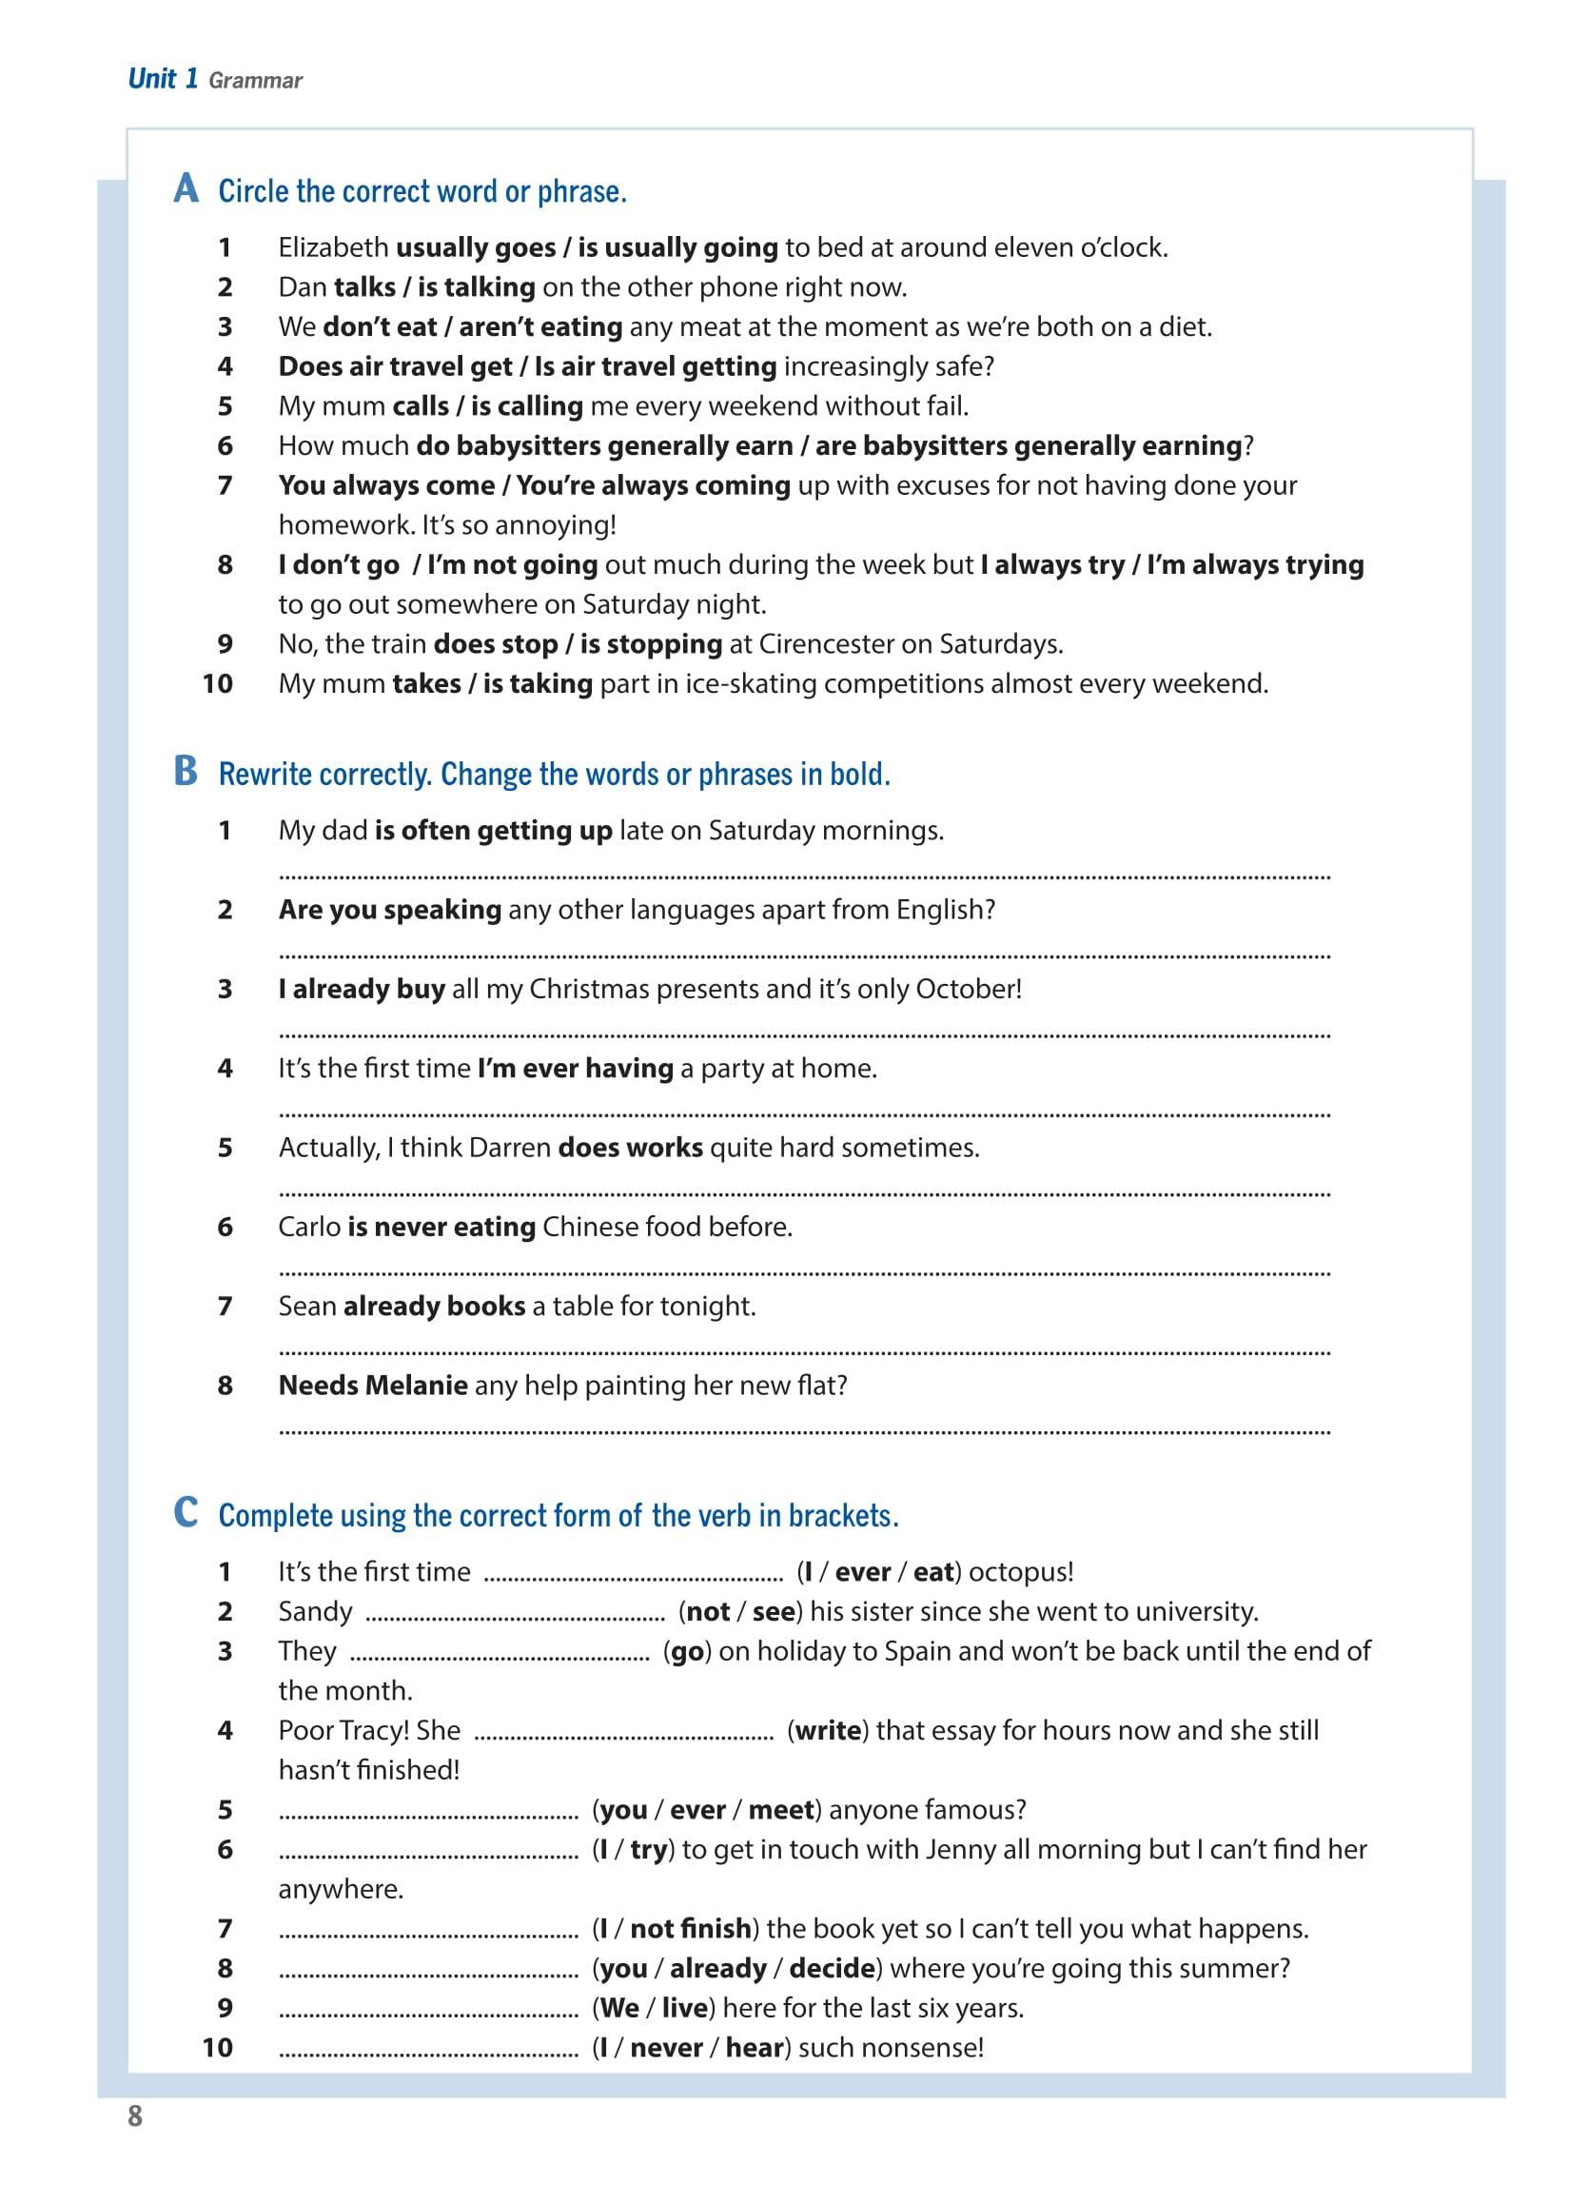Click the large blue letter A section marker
coord(186,188)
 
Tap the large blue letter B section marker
coord(186,771)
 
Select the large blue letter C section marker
coord(186,1512)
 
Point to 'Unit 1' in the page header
coord(162,79)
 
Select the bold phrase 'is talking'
coord(476,287)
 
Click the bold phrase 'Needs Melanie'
coord(373,1386)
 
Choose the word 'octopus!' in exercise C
coord(1021,1572)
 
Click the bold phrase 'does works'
coord(629,1147)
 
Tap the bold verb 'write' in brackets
coord(828,1730)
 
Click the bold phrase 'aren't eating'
coord(540,327)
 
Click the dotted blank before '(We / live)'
coord(428,2008)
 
